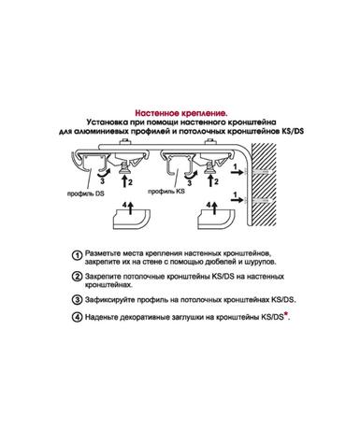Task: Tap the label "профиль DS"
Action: click(86, 193)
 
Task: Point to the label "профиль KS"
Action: click(166, 192)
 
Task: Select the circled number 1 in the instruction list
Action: click(77, 255)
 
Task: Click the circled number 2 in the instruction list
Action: click(77, 277)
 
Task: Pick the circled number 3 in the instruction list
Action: click(77, 300)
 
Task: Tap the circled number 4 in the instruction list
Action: click(77, 318)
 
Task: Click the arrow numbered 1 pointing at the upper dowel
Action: click(238, 172)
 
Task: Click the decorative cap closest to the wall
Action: click(216, 220)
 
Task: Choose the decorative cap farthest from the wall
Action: click(131, 220)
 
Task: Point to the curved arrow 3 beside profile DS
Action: click(103, 172)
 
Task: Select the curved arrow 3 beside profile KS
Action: click(190, 176)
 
